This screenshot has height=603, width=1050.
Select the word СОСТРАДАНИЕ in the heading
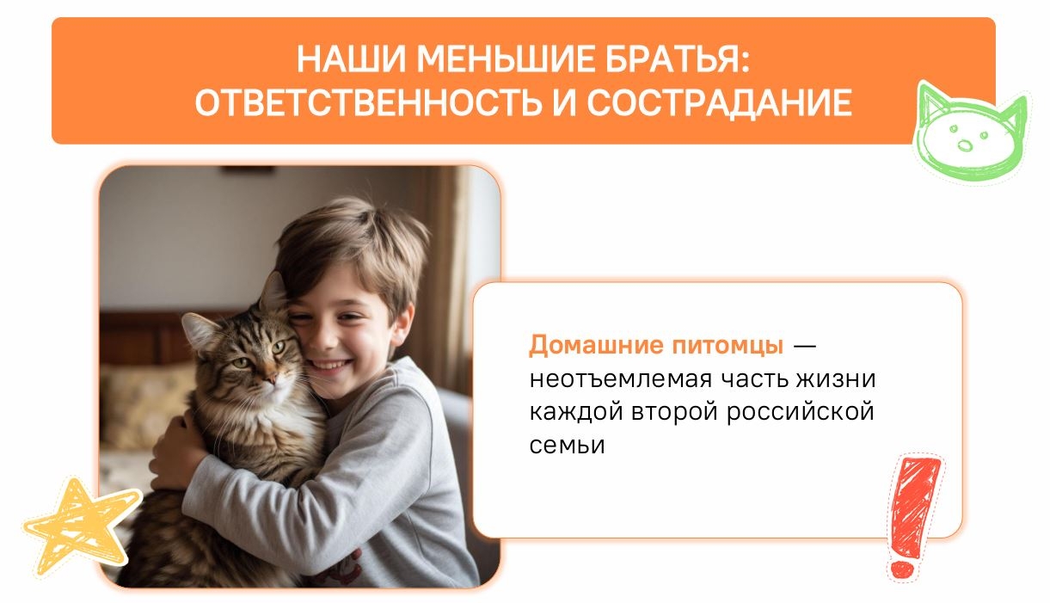click(x=720, y=102)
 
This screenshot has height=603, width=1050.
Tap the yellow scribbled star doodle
click(x=81, y=526)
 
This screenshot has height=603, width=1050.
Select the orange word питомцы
click(x=728, y=347)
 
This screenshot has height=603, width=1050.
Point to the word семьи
click(x=567, y=446)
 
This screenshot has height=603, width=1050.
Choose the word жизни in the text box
click(x=836, y=379)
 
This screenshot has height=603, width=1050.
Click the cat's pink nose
click(x=271, y=378)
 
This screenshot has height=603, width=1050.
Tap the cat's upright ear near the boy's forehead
click(x=273, y=292)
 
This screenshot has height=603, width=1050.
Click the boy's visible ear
click(x=402, y=323)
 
